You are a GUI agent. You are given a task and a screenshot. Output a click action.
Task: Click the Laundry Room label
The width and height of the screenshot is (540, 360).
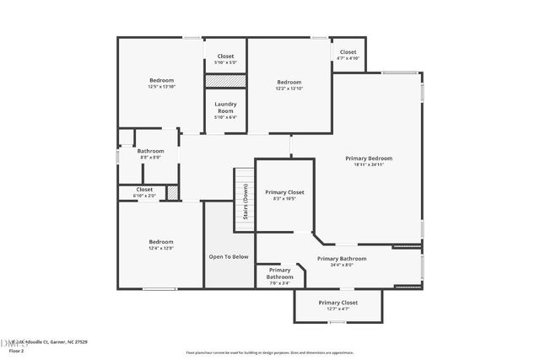pyautogui.click(x=225, y=108)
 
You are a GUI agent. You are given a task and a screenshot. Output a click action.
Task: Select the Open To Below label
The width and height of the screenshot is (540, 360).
pyautogui.click(x=229, y=256)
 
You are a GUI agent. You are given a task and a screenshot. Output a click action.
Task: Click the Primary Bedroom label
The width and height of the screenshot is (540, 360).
pyautogui.click(x=369, y=159)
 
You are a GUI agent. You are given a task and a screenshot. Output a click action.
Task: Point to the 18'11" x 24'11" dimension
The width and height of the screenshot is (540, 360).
pyautogui.click(x=369, y=165)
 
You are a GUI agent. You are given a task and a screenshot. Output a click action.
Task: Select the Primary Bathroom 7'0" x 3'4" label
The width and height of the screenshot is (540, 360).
pyautogui.click(x=273, y=277)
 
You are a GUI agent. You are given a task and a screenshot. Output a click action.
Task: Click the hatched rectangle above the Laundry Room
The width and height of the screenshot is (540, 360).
pyautogui.click(x=225, y=81)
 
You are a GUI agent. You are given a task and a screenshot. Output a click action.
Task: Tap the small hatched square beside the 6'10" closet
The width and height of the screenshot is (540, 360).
pyautogui.click(x=173, y=192)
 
